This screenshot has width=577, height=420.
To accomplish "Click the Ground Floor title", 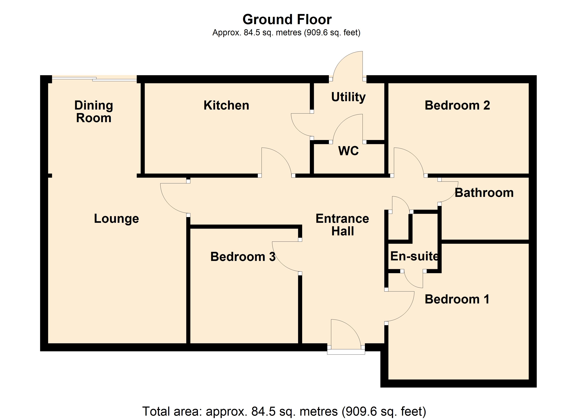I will pos(287,19).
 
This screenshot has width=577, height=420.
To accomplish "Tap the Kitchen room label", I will pos(226,105).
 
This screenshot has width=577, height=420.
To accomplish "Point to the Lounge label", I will pos(116,219).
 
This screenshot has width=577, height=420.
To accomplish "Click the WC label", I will pos(348,151).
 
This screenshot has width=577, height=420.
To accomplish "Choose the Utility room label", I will pos(348,97).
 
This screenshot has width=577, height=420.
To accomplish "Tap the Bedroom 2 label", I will pos(457,105).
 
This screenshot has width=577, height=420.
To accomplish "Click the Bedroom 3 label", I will pos(243,257).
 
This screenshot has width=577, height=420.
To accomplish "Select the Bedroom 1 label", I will pos(457,299).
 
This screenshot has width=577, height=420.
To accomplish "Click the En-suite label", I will pos(414,256).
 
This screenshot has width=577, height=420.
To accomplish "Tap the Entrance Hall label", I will pos(342,225).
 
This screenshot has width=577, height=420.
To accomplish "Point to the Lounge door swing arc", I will pos(173,199).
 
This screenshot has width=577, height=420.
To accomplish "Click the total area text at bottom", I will pos(284,411).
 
